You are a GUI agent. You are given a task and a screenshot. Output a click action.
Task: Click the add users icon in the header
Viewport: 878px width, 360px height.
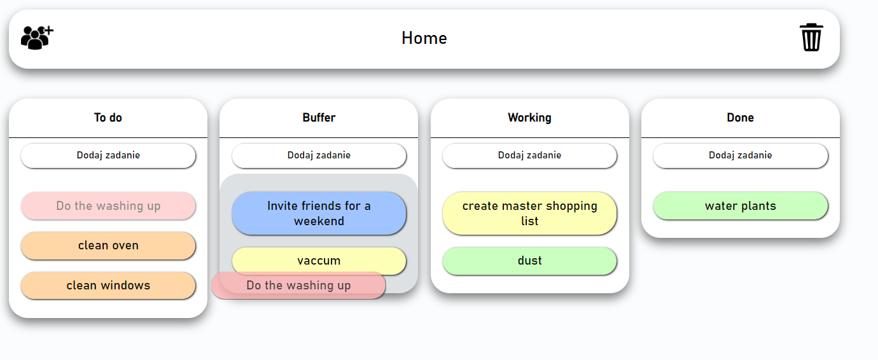(x=37, y=38)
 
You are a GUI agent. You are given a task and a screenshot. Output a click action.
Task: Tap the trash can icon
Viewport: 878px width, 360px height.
(x=811, y=38)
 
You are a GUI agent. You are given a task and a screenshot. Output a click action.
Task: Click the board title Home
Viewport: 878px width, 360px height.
(x=424, y=38)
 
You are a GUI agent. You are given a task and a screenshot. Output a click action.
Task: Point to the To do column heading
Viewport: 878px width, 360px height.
(x=108, y=118)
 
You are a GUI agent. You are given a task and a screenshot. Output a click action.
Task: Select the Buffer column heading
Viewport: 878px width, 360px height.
(x=319, y=118)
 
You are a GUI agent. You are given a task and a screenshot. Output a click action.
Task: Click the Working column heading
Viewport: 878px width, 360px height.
(x=529, y=118)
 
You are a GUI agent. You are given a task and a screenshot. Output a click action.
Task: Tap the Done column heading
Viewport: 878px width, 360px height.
(x=740, y=118)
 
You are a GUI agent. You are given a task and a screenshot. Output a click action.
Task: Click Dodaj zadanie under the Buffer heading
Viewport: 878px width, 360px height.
(x=319, y=155)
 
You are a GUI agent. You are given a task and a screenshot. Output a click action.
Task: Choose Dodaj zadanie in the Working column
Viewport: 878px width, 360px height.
(x=529, y=155)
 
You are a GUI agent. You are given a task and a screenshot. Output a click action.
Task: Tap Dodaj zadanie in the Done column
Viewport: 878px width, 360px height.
(x=740, y=155)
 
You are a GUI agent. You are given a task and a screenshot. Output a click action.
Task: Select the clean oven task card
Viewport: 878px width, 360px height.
(x=108, y=246)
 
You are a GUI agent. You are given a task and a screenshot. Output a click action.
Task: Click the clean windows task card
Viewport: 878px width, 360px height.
(x=108, y=286)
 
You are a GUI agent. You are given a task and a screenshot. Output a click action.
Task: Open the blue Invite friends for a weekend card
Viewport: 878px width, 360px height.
(x=319, y=214)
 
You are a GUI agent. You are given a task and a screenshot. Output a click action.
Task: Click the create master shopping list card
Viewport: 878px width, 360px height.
(x=529, y=214)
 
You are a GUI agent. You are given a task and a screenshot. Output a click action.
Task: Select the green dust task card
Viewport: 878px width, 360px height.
(x=529, y=261)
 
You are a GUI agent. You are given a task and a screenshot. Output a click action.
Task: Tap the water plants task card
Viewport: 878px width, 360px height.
(x=740, y=206)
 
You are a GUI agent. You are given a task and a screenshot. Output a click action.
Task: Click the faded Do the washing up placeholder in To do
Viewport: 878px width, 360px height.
(x=108, y=206)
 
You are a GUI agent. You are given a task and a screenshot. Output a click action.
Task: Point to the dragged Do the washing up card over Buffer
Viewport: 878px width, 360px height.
(x=298, y=286)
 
